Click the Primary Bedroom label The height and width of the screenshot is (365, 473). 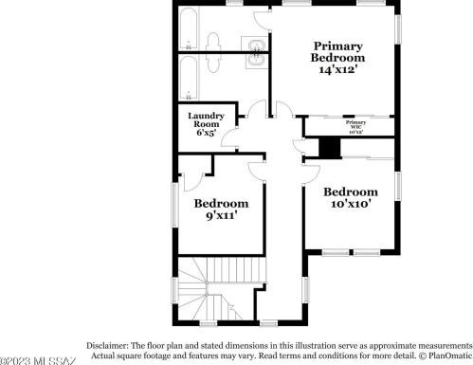click(338, 51)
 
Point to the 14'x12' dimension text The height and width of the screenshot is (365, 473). click(338, 70)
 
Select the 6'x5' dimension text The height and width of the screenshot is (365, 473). click(206, 133)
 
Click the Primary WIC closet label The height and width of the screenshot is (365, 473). click(355, 126)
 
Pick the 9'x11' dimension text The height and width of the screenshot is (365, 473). click(221, 216)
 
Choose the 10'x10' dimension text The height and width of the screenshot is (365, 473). click(350, 203)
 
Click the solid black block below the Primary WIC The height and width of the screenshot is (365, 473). click(329, 148)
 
